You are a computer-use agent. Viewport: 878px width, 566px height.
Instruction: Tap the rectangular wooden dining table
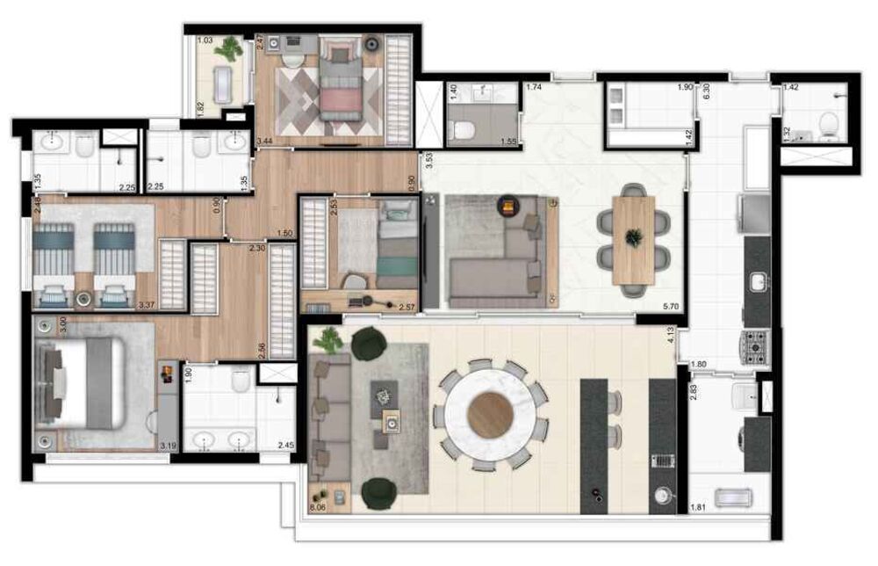tap(634, 238)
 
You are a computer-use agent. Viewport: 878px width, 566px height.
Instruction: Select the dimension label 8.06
tap(319, 507)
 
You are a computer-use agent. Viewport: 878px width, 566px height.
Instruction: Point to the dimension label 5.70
tap(671, 306)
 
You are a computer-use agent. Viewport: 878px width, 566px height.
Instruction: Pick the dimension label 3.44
tap(264, 141)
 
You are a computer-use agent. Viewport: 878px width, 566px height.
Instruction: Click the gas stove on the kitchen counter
tap(756, 345)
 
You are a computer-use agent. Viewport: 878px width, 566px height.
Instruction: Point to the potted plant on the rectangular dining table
tap(633, 236)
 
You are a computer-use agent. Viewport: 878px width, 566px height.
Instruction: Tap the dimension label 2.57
tap(407, 307)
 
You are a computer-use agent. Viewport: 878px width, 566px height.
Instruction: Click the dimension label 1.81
tap(698, 507)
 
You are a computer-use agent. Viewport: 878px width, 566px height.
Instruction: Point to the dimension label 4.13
tap(671, 335)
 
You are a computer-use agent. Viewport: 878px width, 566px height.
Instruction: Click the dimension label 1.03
tap(205, 40)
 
